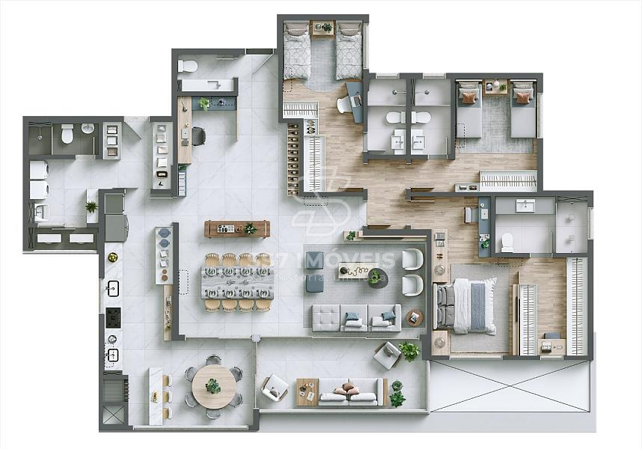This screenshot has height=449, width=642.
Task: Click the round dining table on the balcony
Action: [x=213, y=387]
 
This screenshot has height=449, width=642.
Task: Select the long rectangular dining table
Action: [x=236, y=283]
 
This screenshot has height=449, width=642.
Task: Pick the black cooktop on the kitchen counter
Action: [x=113, y=317]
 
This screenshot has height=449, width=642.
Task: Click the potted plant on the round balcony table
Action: [x=213, y=386]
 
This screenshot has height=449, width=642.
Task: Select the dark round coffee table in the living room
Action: [x=374, y=278]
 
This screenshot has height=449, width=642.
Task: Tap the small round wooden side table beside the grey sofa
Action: [x=414, y=317]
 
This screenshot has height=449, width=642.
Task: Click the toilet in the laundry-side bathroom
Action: [x=67, y=134]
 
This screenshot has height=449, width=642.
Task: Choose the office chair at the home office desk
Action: [x=198, y=135]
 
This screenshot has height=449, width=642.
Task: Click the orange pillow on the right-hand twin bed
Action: [x=523, y=97]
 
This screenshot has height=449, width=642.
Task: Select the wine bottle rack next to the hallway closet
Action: [x=293, y=157]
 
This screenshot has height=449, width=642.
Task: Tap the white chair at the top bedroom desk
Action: [x=343, y=106]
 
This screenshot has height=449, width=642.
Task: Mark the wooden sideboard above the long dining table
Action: [x=236, y=228]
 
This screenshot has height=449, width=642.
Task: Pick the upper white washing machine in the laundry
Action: [x=38, y=170]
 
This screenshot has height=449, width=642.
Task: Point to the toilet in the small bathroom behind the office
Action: [x=188, y=66]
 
